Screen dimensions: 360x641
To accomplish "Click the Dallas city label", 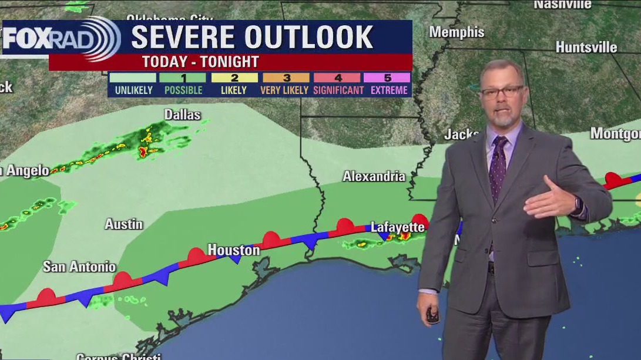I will [182, 115].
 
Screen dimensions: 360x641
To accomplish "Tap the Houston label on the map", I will [234, 250].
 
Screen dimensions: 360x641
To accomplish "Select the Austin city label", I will [123, 224].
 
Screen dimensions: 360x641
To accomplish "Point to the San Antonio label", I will [79, 267].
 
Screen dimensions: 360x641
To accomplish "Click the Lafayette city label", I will [397, 227].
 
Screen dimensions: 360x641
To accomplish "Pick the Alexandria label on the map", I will [374, 176].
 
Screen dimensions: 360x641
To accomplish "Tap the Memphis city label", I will [457, 32].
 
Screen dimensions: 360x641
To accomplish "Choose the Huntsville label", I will [586, 47].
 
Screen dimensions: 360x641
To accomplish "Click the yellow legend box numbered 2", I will [234, 78].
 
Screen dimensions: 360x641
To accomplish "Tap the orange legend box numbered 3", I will [286, 78].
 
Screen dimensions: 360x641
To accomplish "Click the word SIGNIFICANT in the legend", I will [338, 90].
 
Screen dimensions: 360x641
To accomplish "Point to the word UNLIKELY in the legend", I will [133, 90].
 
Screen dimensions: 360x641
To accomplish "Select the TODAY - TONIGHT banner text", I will [200, 62].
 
